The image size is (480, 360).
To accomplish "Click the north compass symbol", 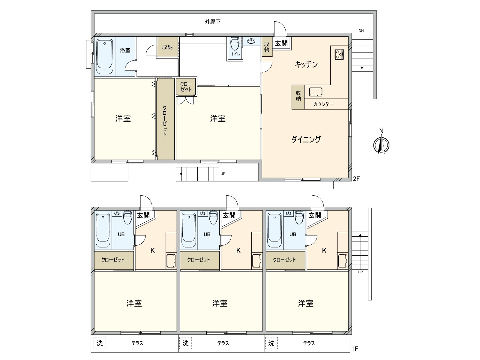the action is tap(381, 142).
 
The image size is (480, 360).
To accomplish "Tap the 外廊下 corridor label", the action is tap(213, 22).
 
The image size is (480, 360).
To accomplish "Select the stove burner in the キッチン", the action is tap(339, 54).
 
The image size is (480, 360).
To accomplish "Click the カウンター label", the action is tap(323, 104).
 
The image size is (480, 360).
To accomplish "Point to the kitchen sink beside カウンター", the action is tap(316, 92).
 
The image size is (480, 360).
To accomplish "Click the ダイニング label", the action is tap(306, 139).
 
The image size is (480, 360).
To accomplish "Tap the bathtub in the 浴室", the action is tap(105, 57).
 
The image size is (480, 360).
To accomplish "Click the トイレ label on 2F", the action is tap(236, 54).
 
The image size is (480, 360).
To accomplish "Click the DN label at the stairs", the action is tap(361, 31).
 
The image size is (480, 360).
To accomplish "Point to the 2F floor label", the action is tap(356, 179).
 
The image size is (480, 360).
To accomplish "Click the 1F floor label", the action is tap(355, 349).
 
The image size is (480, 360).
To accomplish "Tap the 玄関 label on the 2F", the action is tap(281, 43).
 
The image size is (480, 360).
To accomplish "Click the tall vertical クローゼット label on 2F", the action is tap(165, 121).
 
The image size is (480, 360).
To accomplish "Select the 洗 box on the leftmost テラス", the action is tap(100, 343).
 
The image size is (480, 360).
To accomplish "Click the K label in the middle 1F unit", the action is tap(238, 250).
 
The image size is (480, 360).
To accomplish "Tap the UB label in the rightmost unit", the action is tap(292, 235).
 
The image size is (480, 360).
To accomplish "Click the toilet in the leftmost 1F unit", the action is tap(128, 217).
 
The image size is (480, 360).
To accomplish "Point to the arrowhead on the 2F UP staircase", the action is tap(181, 174).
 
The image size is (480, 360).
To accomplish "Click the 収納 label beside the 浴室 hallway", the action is tap(167, 47).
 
